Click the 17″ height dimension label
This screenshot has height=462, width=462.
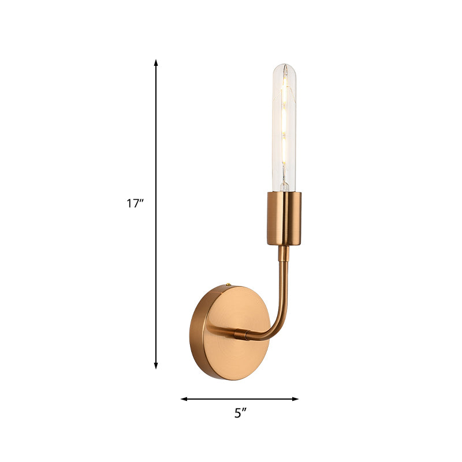click(x=135, y=203)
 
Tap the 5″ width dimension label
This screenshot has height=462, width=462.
click(x=241, y=413)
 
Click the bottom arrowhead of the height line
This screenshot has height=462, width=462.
click(x=156, y=365)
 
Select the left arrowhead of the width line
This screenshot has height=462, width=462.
click(x=184, y=398)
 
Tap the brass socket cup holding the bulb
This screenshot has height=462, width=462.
click(x=284, y=218)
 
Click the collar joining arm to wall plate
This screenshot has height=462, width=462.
click(x=242, y=333)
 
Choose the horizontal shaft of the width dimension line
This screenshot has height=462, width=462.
click(x=240, y=398)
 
